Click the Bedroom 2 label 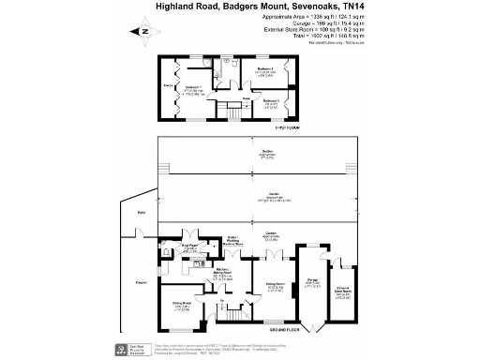265,68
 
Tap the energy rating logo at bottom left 123,350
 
